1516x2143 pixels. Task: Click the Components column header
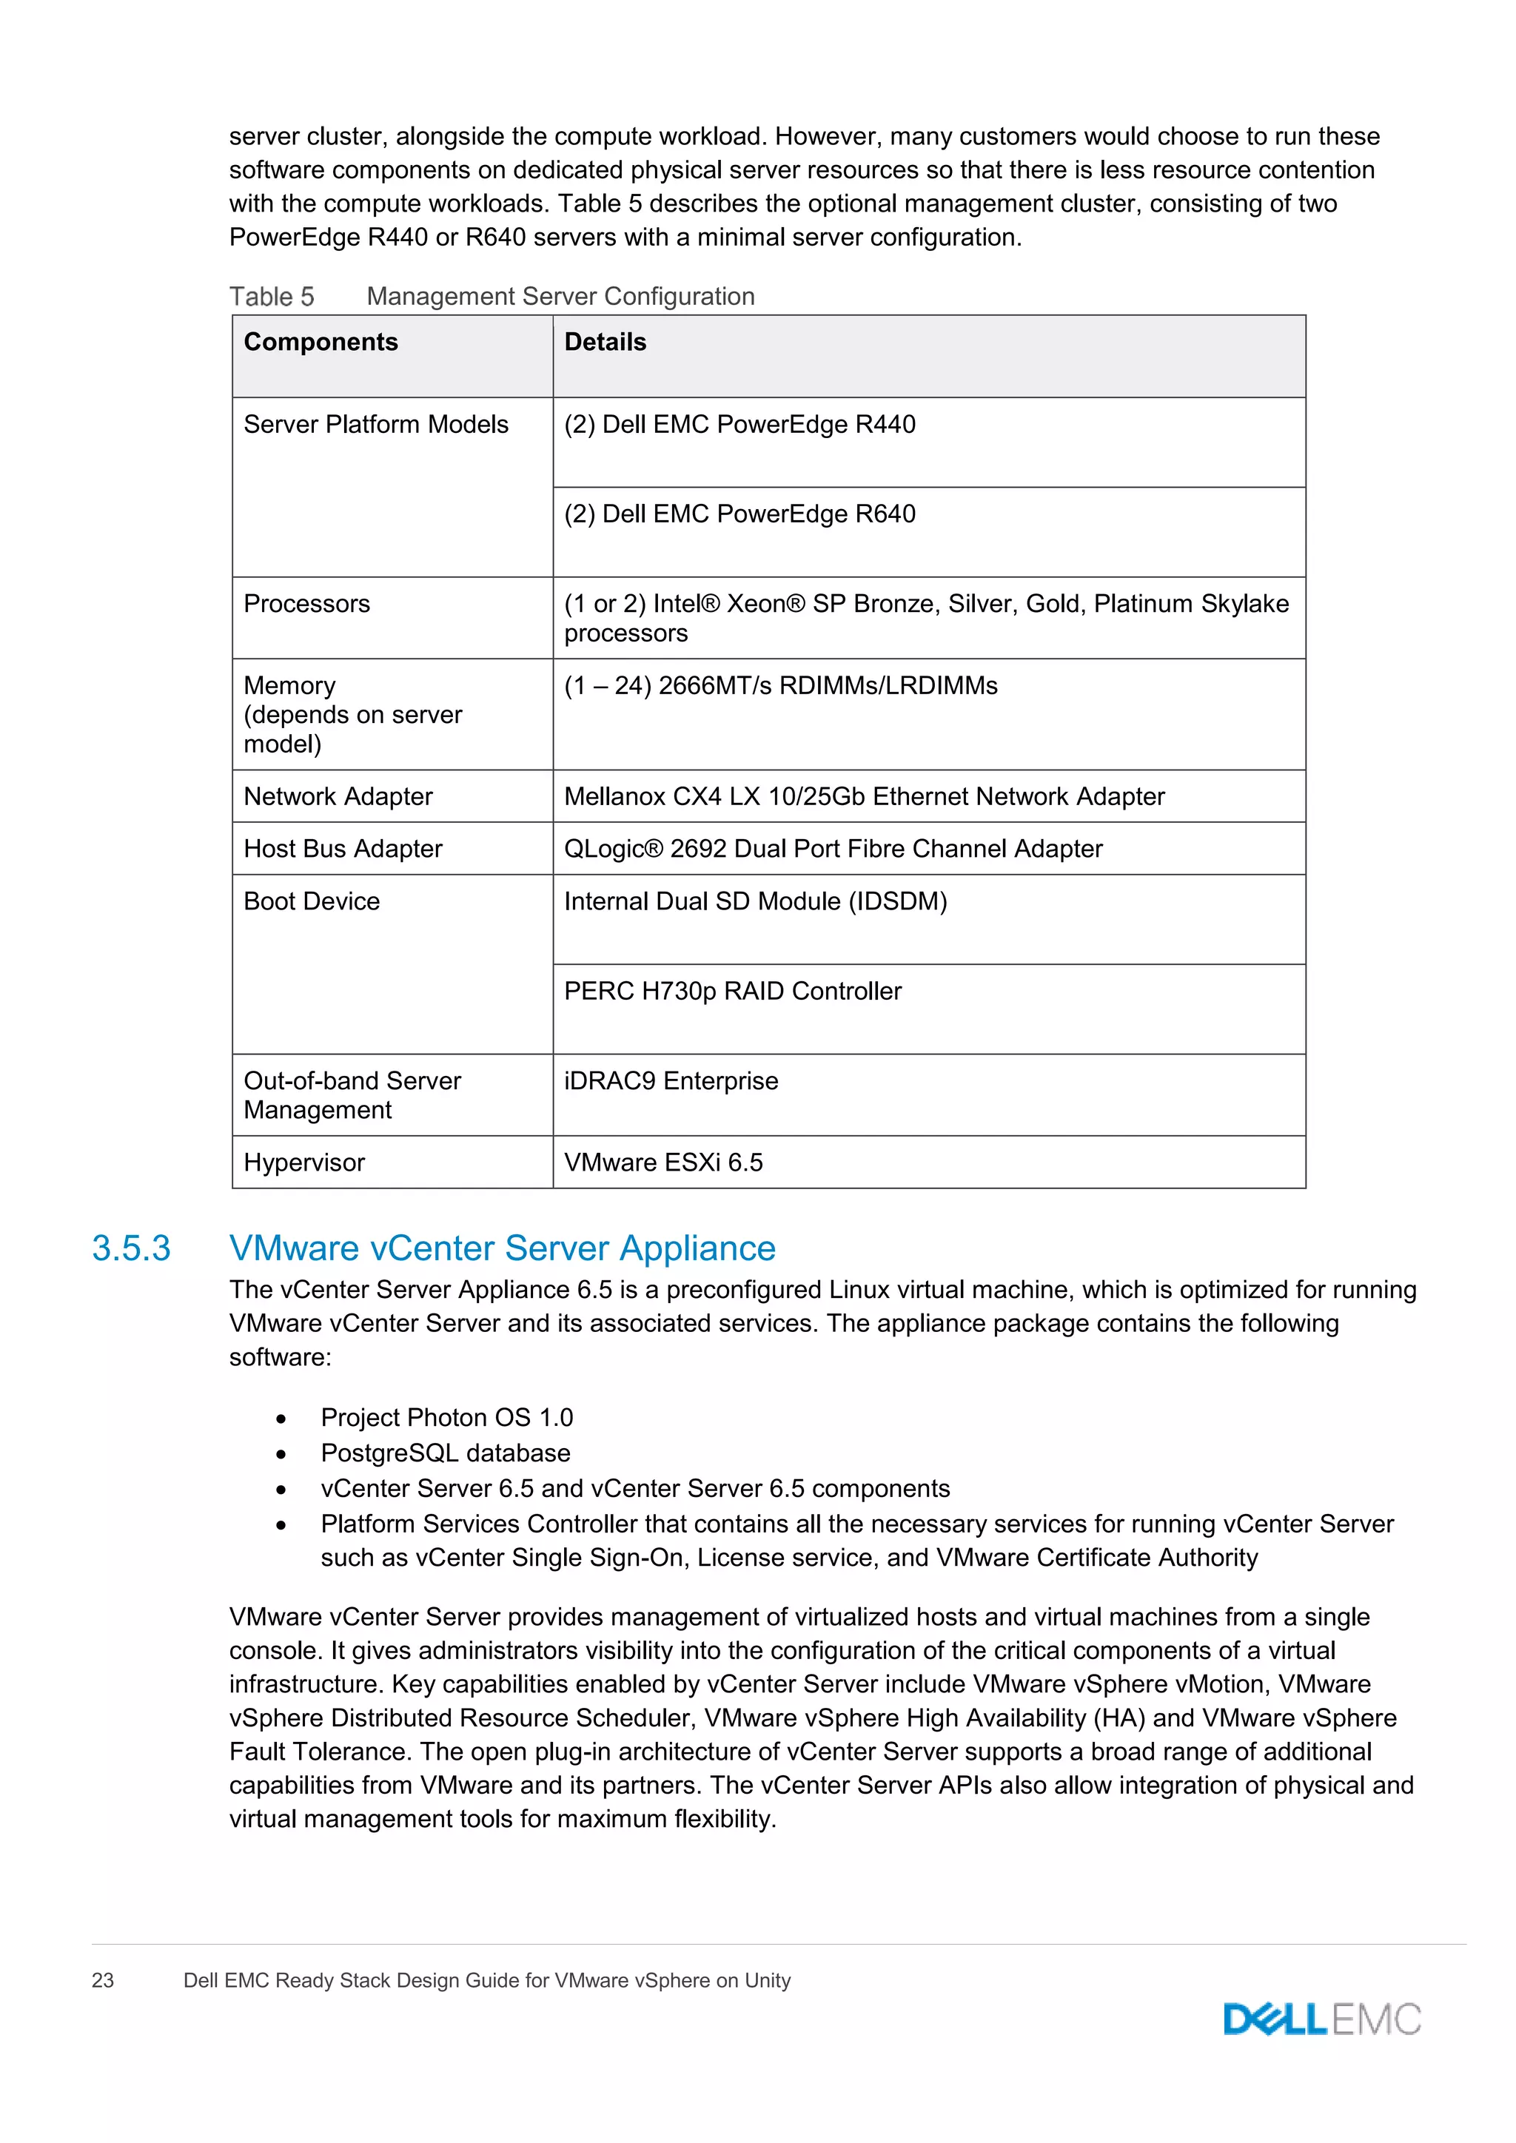coord(321,343)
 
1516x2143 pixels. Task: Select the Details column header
coord(605,343)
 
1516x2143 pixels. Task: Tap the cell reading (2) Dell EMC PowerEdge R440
coord(739,425)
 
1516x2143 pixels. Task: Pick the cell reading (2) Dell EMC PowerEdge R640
coord(739,514)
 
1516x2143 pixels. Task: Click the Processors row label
coord(306,604)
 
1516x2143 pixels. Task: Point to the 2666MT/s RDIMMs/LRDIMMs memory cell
coord(780,686)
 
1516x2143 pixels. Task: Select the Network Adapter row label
coord(338,796)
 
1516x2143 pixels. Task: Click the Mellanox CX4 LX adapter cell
coord(864,796)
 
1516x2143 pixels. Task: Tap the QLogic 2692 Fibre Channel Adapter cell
coord(833,849)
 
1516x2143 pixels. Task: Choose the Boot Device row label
coord(312,901)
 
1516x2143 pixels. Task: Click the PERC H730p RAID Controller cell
coord(733,992)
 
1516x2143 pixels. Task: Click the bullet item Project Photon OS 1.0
coord(446,1418)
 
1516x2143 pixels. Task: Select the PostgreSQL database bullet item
coord(446,1453)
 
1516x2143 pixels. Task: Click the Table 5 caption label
coord(272,297)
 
